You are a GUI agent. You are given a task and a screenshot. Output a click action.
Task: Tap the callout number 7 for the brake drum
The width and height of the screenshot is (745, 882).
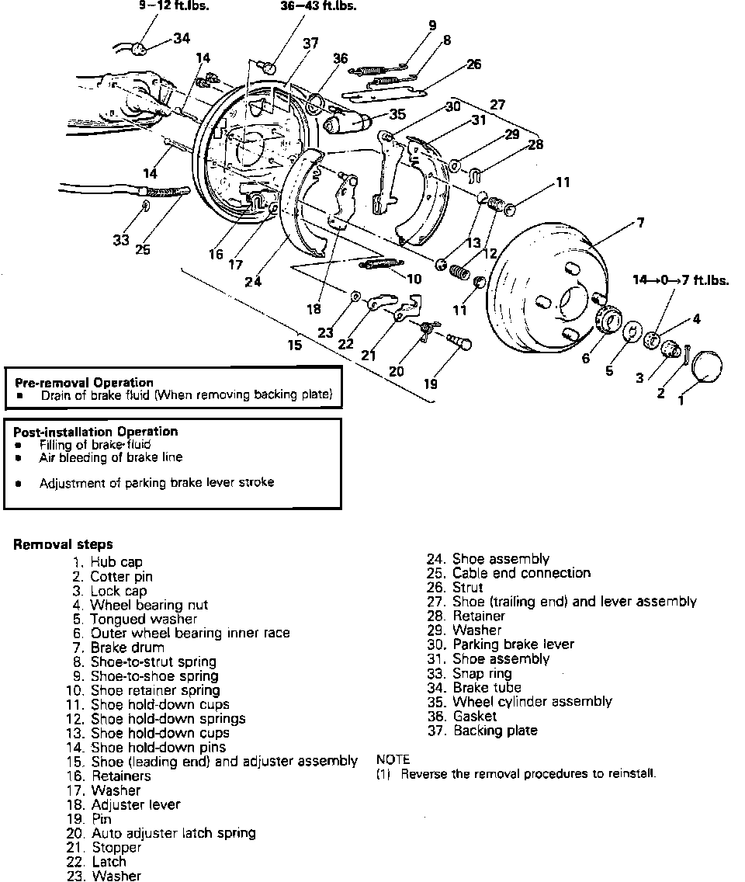640,223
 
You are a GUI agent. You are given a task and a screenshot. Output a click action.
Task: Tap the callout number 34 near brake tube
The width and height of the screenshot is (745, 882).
182,38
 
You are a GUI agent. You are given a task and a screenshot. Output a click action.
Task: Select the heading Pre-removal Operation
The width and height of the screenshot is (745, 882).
85,382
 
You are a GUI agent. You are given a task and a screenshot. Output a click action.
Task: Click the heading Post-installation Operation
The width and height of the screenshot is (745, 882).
95,431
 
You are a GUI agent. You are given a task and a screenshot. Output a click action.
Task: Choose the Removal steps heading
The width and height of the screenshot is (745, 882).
63,544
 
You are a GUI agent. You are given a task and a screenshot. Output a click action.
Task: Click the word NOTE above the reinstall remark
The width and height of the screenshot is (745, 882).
393,759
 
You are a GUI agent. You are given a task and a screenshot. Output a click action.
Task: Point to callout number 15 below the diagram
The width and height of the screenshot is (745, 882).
295,345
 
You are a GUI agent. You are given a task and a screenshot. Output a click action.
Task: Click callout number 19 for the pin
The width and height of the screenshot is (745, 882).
430,384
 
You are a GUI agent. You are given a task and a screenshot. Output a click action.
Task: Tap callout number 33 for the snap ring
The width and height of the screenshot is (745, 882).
121,240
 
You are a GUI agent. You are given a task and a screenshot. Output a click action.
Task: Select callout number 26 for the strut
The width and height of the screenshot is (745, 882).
474,64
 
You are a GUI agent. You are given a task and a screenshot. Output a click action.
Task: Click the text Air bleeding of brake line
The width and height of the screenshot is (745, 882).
111,457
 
